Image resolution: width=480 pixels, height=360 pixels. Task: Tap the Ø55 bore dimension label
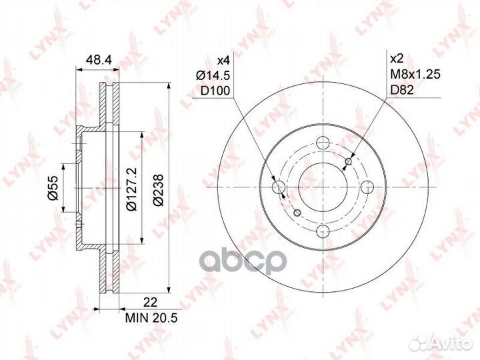53,188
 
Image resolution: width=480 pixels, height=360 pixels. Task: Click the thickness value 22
150,303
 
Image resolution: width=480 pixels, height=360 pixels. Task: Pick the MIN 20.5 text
151,318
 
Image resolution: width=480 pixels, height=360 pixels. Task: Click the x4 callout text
223,60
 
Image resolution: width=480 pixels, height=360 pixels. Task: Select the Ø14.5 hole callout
213,75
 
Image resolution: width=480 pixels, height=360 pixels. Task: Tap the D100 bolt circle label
215,90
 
